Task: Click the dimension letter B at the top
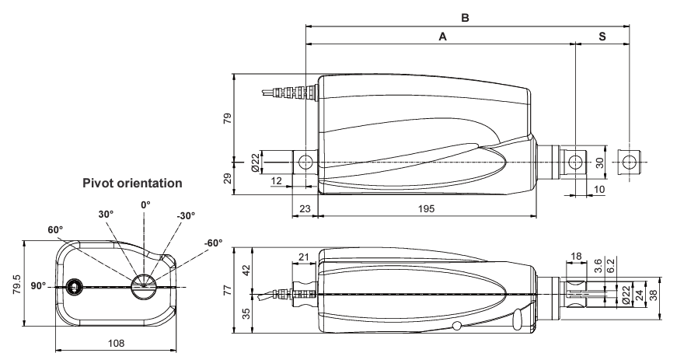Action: point(466,16)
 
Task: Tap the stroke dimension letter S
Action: point(603,36)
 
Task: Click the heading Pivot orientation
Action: point(131,184)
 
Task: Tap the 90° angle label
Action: point(36,286)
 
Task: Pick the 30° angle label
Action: point(105,215)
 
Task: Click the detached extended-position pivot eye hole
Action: point(629,163)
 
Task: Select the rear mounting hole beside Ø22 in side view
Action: point(305,162)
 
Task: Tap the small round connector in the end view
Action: point(75,287)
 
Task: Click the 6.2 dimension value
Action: point(612,266)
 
